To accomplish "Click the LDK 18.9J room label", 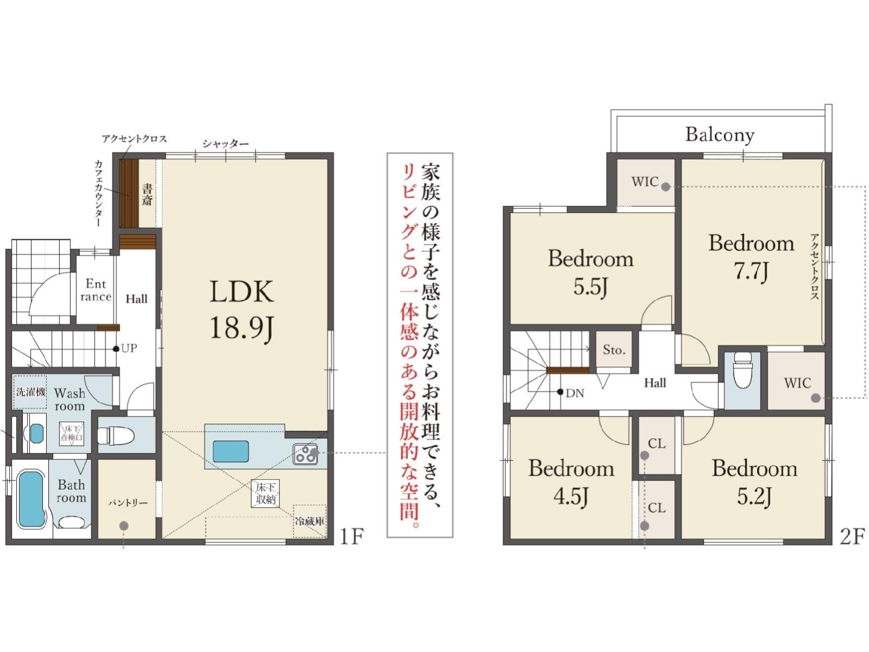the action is pyautogui.click(x=241, y=310).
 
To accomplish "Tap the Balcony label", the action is pyautogui.click(x=720, y=135).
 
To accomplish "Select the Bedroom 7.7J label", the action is pyautogui.click(x=751, y=257).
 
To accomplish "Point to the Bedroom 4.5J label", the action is pyautogui.click(x=571, y=482).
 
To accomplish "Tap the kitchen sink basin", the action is pyautogui.click(x=231, y=451).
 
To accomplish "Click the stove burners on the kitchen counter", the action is pyautogui.click(x=305, y=454).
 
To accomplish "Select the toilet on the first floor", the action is pyautogui.click(x=116, y=436).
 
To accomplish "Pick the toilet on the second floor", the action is pyautogui.click(x=742, y=370).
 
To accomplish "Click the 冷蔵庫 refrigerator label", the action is pyautogui.click(x=310, y=521).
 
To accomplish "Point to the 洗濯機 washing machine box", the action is pyautogui.click(x=30, y=392).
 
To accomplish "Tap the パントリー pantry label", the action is pyautogui.click(x=128, y=503).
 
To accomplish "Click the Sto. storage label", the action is pyautogui.click(x=614, y=350).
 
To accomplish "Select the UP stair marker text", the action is pyautogui.click(x=129, y=348).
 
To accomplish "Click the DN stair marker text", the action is pyautogui.click(x=575, y=393).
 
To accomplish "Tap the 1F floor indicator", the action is pyautogui.click(x=352, y=537).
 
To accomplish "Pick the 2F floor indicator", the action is pyautogui.click(x=852, y=537).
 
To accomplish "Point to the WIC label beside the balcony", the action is pyautogui.click(x=645, y=182).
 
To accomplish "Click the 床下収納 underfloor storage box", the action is pyautogui.click(x=265, y=493).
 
